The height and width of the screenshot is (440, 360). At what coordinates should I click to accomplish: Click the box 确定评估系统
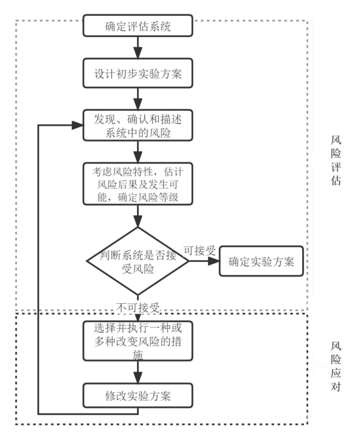(138, 26)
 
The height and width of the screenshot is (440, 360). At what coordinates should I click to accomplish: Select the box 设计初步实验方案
(138, 73)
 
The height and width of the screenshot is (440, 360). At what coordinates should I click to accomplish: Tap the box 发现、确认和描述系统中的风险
(138, 125)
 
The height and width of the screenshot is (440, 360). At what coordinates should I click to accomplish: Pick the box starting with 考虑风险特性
(138, 184)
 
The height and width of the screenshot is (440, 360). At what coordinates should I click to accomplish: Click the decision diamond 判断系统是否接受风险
(138, 261)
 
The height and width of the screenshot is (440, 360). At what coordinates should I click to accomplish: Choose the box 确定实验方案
(261, 261)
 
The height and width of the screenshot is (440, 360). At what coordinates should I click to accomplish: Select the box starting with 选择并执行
(138, 341)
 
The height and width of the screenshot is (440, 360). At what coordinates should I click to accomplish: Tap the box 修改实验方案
(138, 395)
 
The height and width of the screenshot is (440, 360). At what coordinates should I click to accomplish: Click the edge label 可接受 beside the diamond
(200, 250)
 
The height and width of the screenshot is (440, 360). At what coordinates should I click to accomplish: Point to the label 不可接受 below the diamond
(138, 308)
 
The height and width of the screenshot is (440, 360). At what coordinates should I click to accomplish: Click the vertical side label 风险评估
(336, 160)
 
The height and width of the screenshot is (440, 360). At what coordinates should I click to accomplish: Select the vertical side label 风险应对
(336, 366)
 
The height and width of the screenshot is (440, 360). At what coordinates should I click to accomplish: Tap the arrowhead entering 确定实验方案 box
(213, 261)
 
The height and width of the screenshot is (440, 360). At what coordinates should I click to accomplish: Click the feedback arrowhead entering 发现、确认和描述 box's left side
(78, 125)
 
